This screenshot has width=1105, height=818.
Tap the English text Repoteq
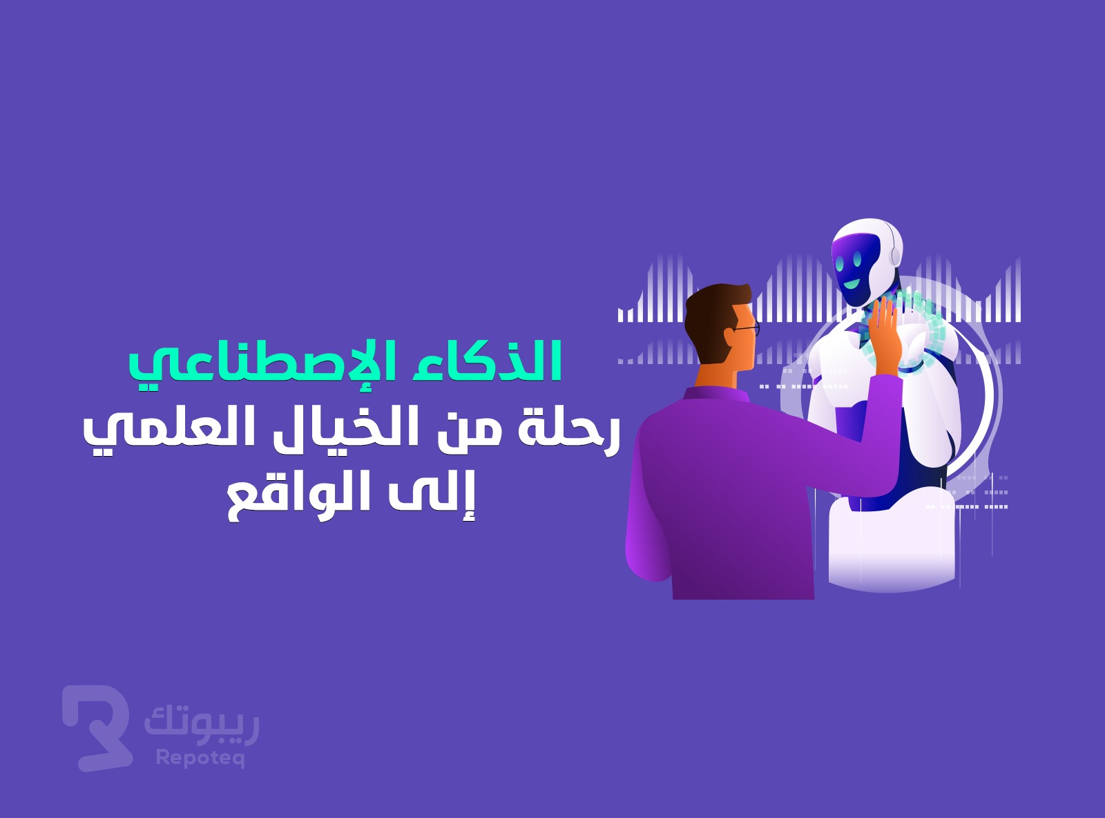point(200,759)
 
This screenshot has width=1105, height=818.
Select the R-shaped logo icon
point(97,728)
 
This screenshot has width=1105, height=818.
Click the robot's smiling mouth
point(852,284)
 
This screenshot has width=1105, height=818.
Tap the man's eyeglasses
point(746,328)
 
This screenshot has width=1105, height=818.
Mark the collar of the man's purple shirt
point(715,394)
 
